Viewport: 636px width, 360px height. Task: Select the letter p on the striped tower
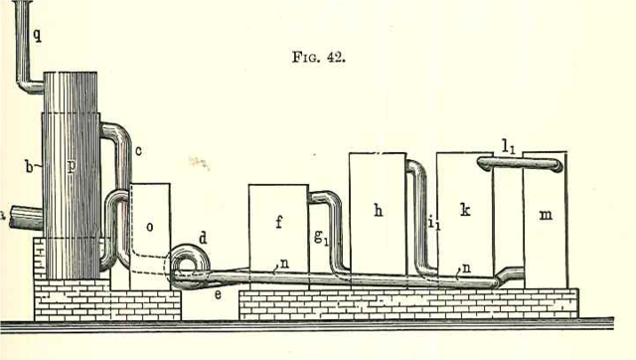(x=71, y=166)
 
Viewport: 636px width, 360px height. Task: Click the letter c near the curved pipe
(x=138, y=150)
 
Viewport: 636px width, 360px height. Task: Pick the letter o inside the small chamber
(x=150, y=227)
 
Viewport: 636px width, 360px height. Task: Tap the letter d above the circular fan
(x=203, y=237)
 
